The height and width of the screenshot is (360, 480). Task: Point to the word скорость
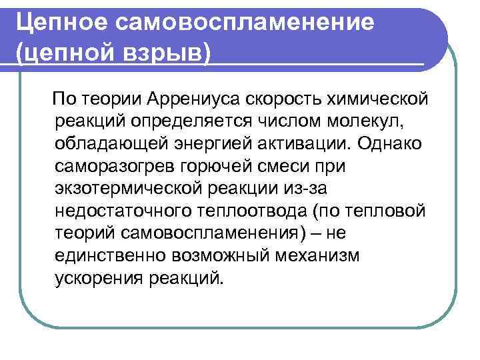289,99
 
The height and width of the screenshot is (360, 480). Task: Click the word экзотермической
130,188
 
